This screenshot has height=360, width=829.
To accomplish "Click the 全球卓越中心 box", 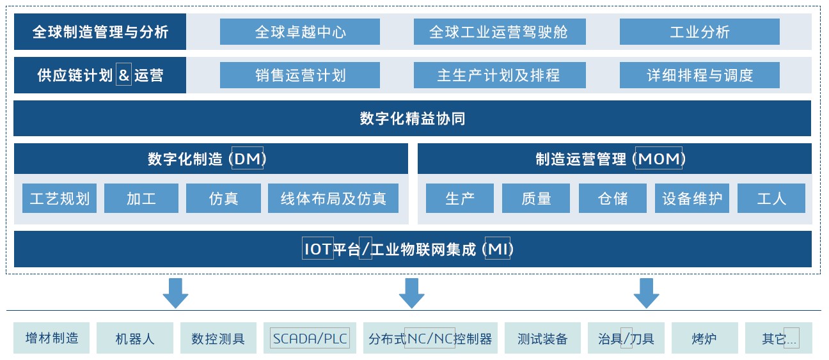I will click(x=299, y=32).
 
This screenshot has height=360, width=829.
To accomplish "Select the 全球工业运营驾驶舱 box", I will click(x=499, y=32).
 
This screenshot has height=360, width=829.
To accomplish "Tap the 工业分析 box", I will click(x=699, y=32).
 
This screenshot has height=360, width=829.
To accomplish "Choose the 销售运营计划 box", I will click(x=299, y=75).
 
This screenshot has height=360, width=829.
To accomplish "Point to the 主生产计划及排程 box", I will click(x=499, y=75).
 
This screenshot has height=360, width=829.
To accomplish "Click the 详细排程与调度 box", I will click(x=699, y=75).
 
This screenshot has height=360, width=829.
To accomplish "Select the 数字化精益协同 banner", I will click(x=412, y=118).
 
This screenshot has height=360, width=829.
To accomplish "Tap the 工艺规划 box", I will click(x=59, y=198).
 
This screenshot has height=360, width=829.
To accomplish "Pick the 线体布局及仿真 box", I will click(x=333, y=198).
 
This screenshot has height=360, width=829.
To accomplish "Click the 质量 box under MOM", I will click(x=535, y=198).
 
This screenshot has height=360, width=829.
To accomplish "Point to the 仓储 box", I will click(x=612, y=198).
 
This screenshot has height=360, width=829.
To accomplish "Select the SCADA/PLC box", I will click(x=310, y=338).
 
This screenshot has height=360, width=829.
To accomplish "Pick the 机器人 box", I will click(x=135, y=338).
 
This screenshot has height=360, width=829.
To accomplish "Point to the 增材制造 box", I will click(x=52, y=338).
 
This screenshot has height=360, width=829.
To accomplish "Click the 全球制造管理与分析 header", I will click(x=100, y=32).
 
